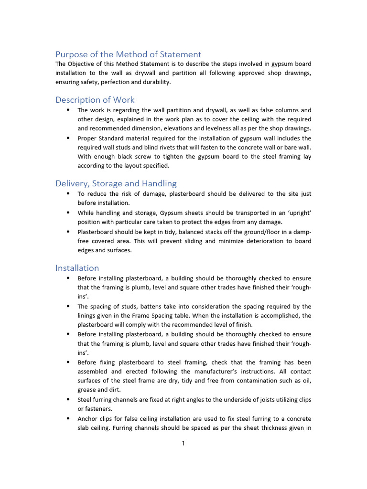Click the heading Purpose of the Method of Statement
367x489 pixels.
tap(128, 54)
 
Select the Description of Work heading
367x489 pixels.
tap(95, 100)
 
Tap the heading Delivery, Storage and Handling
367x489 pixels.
tap(116, 183)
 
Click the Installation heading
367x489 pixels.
tap(77, 268)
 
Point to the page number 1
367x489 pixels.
tap(183, 444)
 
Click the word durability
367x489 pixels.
tap(155, 82)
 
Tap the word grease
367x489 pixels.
tap(88, 390)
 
